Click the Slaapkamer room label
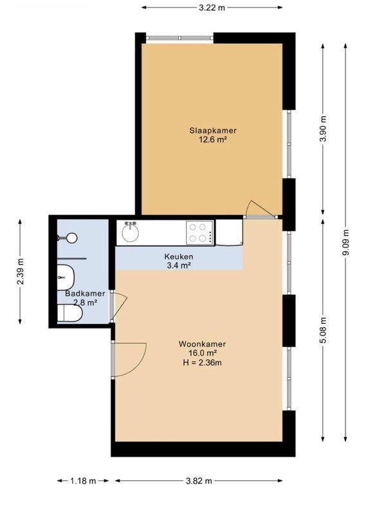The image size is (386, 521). (x=213, y=130)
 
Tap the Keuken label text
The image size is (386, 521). (x=179, y=256)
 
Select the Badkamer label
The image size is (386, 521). (x=85, y=294)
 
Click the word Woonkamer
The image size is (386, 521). (x=202, y=344)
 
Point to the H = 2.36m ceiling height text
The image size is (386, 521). (x=202, y=362)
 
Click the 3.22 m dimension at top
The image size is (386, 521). (x=212, y=8)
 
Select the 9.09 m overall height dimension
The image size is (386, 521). (x=345, y=242)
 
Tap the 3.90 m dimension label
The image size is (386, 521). (x=322, y=129)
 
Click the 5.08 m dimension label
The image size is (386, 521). (x=322, y=330)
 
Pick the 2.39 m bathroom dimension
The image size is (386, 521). (x=20, y=271)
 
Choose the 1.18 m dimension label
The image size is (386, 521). (x=83, y=480)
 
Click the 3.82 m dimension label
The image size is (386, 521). (x=199, y=480)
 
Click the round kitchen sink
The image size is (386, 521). (x=131, y=232)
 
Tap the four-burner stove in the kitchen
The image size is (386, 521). (x=200, y=232)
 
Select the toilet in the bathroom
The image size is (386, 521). (x=69, y=314)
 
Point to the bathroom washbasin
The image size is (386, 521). (x=66, y=277)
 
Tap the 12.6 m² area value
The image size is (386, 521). (x=213, y=139)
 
